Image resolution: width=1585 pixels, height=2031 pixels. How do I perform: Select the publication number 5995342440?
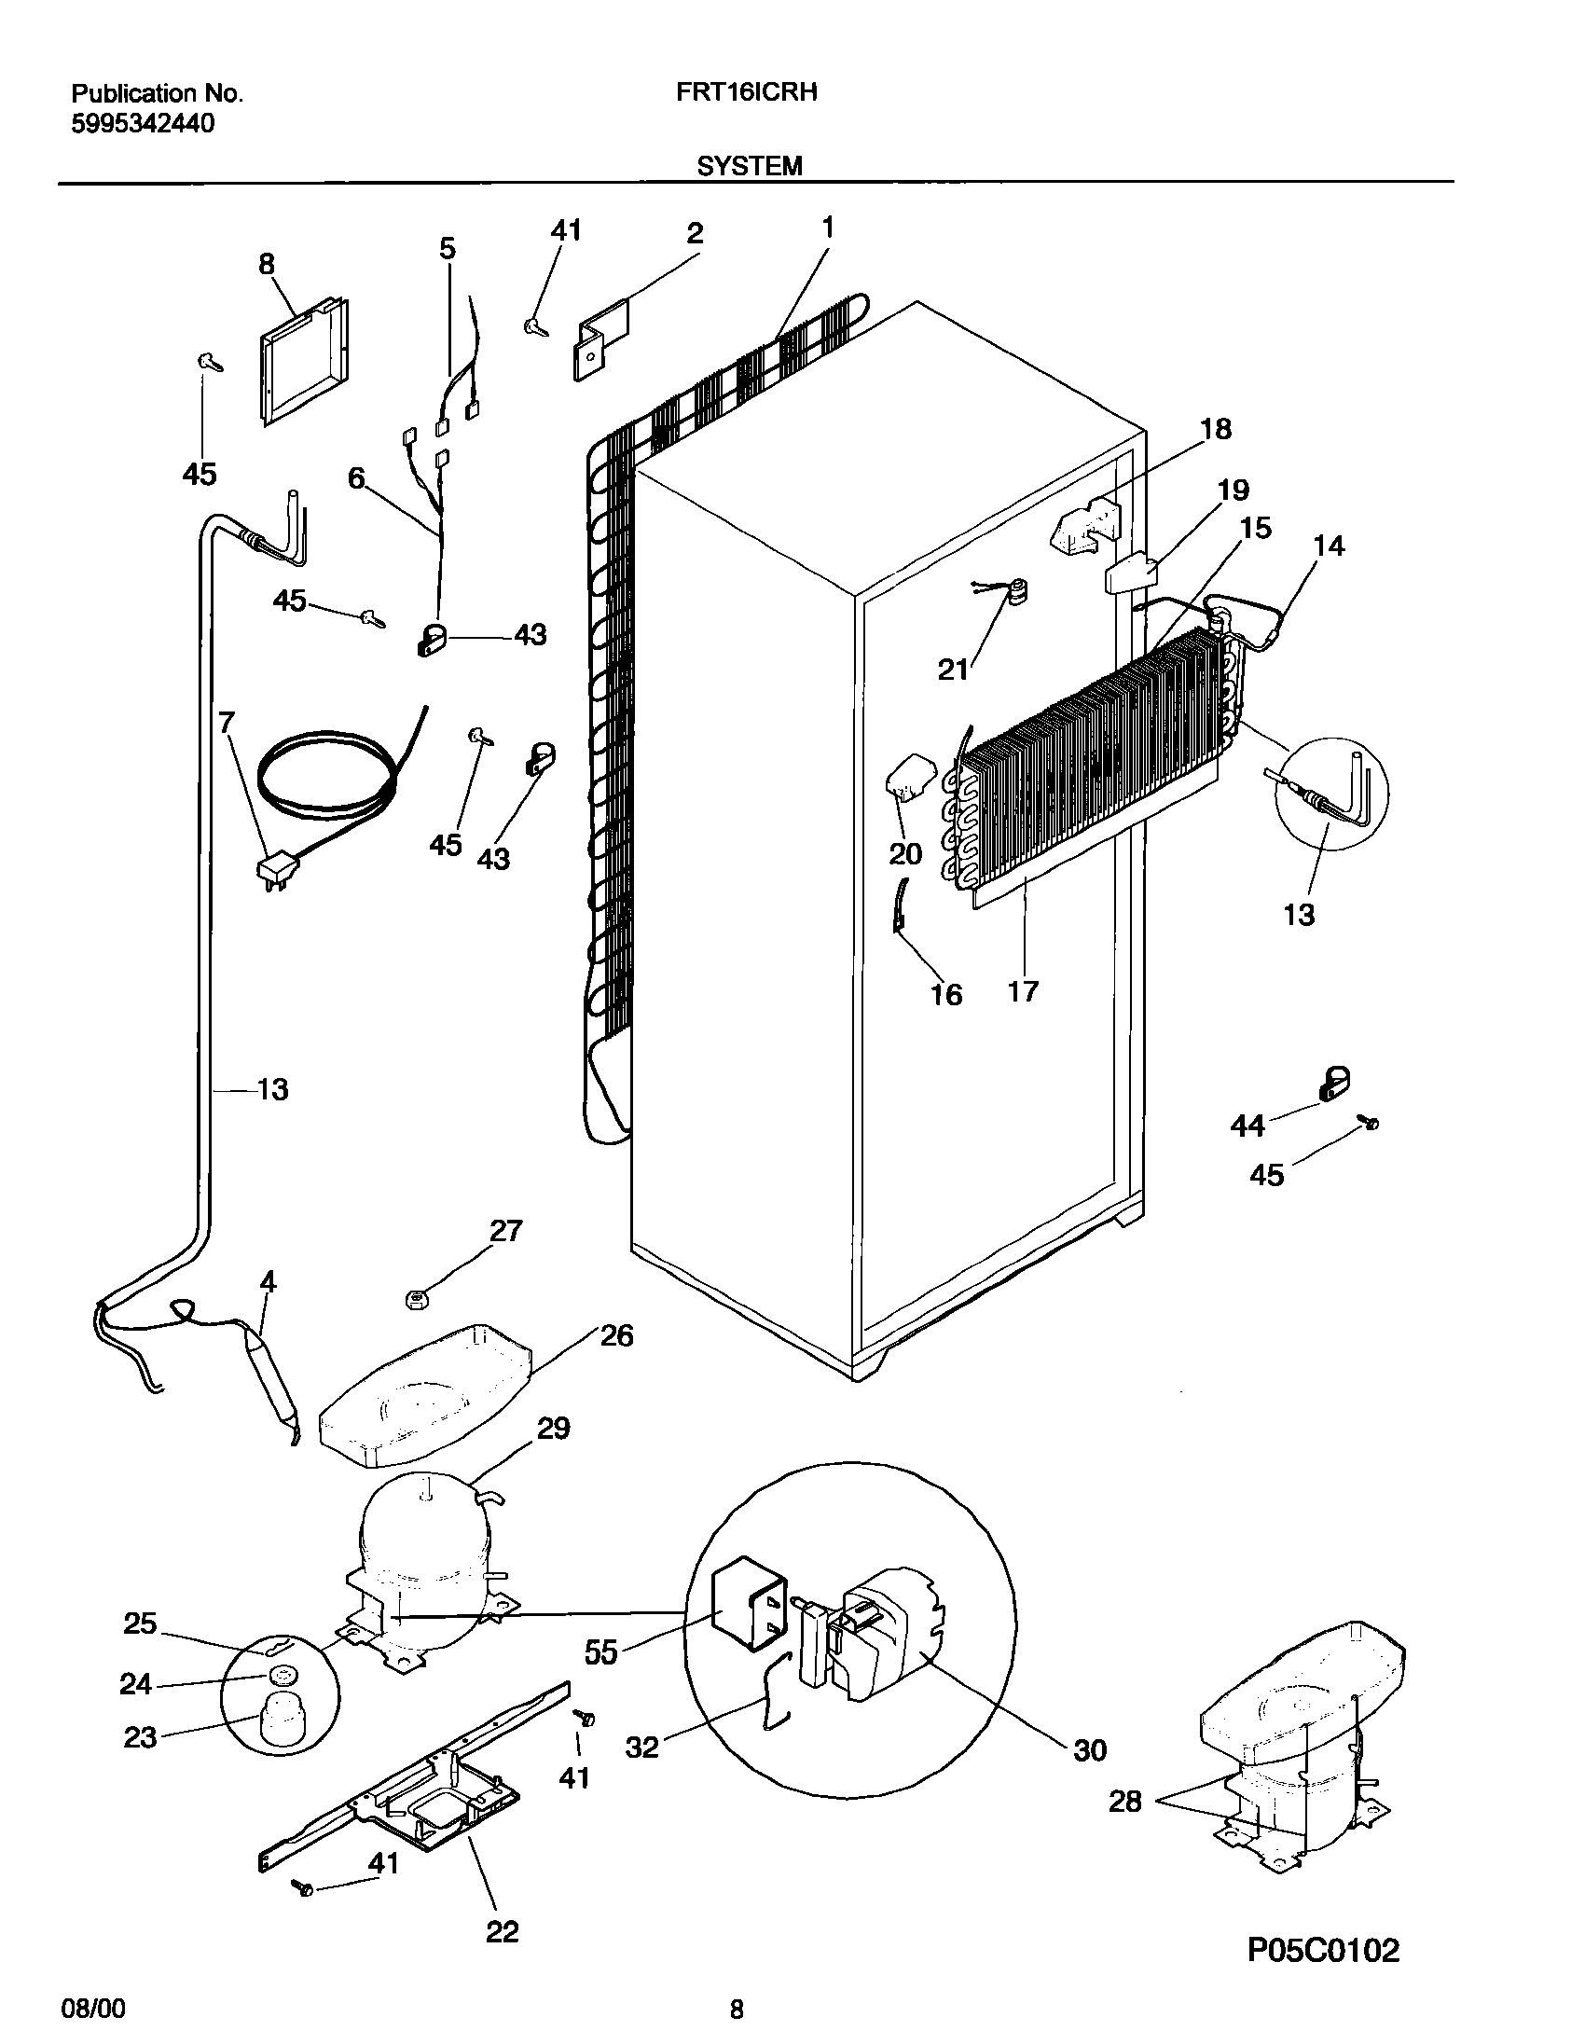click(143, 123)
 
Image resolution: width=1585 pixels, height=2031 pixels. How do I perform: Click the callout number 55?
click(601, 1654)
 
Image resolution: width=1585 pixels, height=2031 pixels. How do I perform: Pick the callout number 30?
click(1089, 1750)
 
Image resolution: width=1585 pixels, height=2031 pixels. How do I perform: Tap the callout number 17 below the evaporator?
click(1023, 990)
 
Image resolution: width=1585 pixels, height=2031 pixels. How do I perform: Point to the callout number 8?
click(267, 265)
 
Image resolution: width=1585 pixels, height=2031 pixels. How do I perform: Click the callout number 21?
click(952, 670)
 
